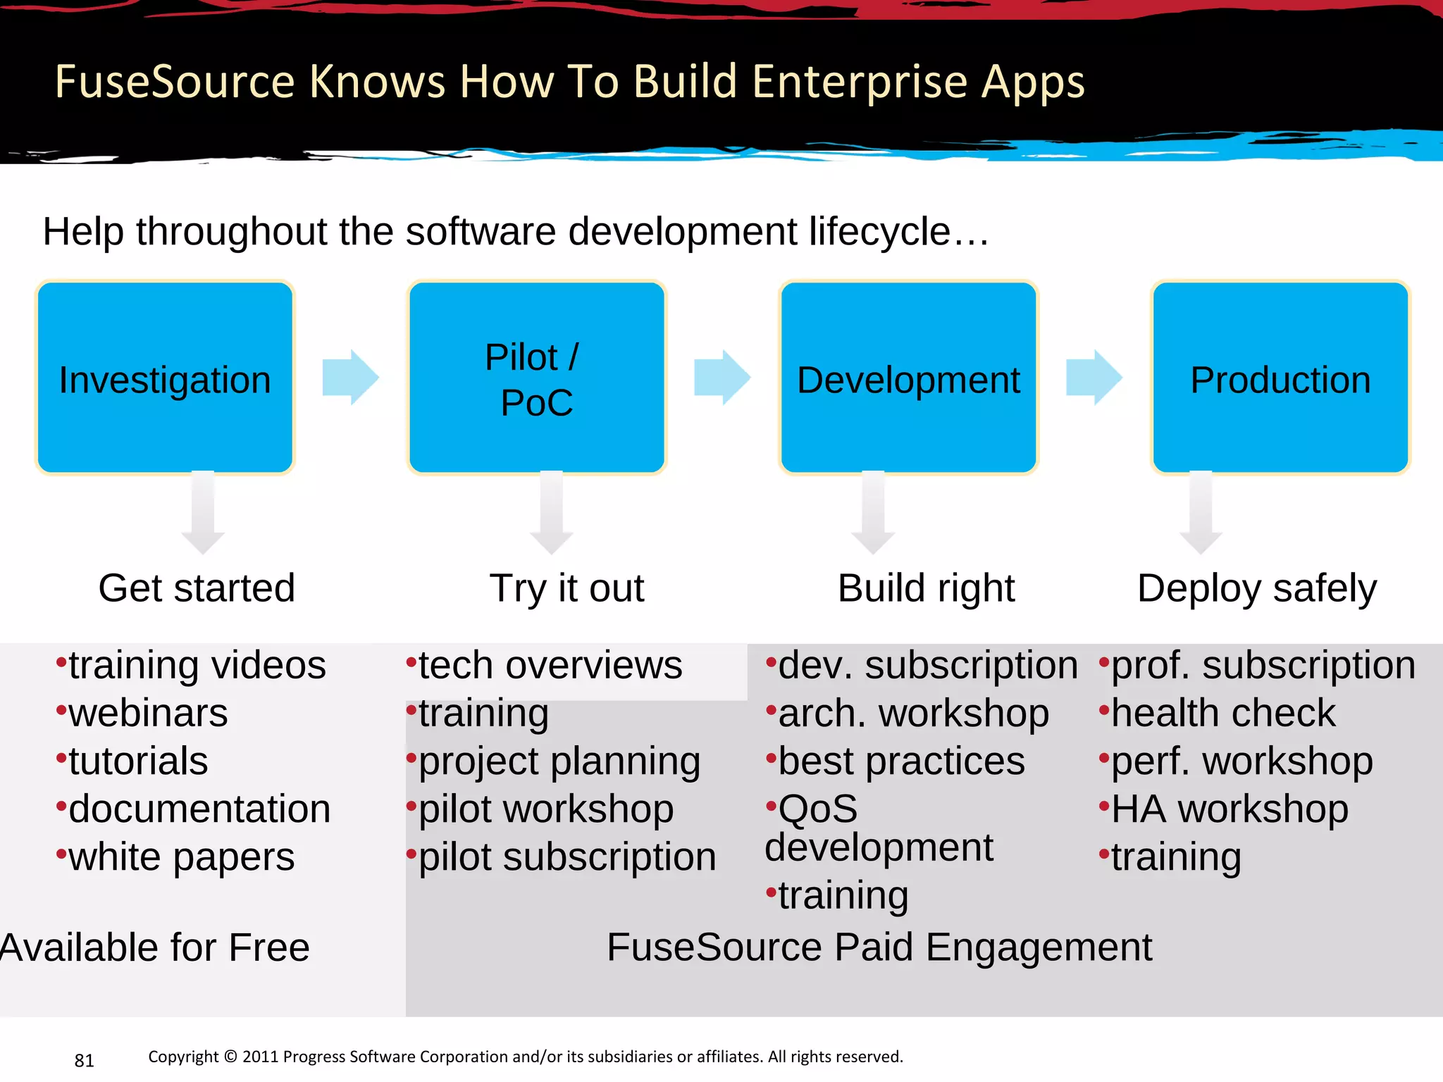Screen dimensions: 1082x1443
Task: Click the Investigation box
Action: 165,378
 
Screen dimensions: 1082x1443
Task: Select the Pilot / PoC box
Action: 536,378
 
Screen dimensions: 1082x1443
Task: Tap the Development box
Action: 908,378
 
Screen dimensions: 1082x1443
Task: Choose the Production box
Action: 1280,378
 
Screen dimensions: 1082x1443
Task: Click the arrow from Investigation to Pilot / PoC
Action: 350,378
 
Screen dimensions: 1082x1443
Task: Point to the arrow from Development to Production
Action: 1094,378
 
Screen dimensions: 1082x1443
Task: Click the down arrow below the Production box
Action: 1201,513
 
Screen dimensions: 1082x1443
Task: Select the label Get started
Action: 197,588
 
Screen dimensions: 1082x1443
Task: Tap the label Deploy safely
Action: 1256,588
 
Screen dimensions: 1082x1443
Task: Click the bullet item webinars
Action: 148,714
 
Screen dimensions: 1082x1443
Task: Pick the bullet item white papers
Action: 181,857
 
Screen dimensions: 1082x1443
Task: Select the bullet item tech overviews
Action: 550,666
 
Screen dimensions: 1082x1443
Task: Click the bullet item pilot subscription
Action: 566,857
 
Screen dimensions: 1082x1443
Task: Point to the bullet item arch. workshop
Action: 913,714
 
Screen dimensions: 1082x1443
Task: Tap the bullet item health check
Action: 1222,714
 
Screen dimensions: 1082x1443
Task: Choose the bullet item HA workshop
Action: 1230,809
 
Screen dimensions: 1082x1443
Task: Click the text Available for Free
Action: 155,947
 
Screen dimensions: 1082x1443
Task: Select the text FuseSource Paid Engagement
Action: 879,947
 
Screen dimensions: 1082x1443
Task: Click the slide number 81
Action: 84,1060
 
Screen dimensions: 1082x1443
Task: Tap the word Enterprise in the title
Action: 860,82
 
